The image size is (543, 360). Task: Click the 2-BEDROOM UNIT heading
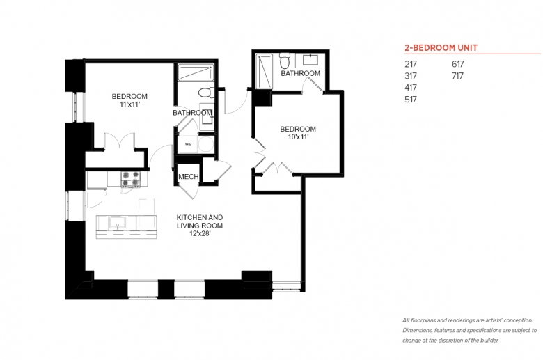[441, 48]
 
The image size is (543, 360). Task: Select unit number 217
[411, 64]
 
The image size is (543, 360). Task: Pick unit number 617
[457, 64]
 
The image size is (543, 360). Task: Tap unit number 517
[411, 100]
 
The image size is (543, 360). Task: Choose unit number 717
[457, 76]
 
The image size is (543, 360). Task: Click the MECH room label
[189, 177]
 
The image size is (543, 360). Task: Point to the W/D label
[189, 144]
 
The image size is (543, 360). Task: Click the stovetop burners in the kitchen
[131, 178]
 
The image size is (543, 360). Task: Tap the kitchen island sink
[118, 223]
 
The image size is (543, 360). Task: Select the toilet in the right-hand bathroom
[285, 61]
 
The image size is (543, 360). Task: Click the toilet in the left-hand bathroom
[205, 93]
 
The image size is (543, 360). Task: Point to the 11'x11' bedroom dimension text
[129, 104]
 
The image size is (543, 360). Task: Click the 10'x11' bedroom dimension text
[298, 137]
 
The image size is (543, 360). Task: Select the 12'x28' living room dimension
[200, 234]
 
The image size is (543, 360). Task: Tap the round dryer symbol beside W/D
[206, 144]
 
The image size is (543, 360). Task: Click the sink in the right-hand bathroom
[310, 61]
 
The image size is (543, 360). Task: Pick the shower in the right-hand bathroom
[265, 71]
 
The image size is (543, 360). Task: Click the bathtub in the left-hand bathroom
[196, 72]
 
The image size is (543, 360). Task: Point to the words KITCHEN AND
[200, 217]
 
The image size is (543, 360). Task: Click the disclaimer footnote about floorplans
[470, 330]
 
